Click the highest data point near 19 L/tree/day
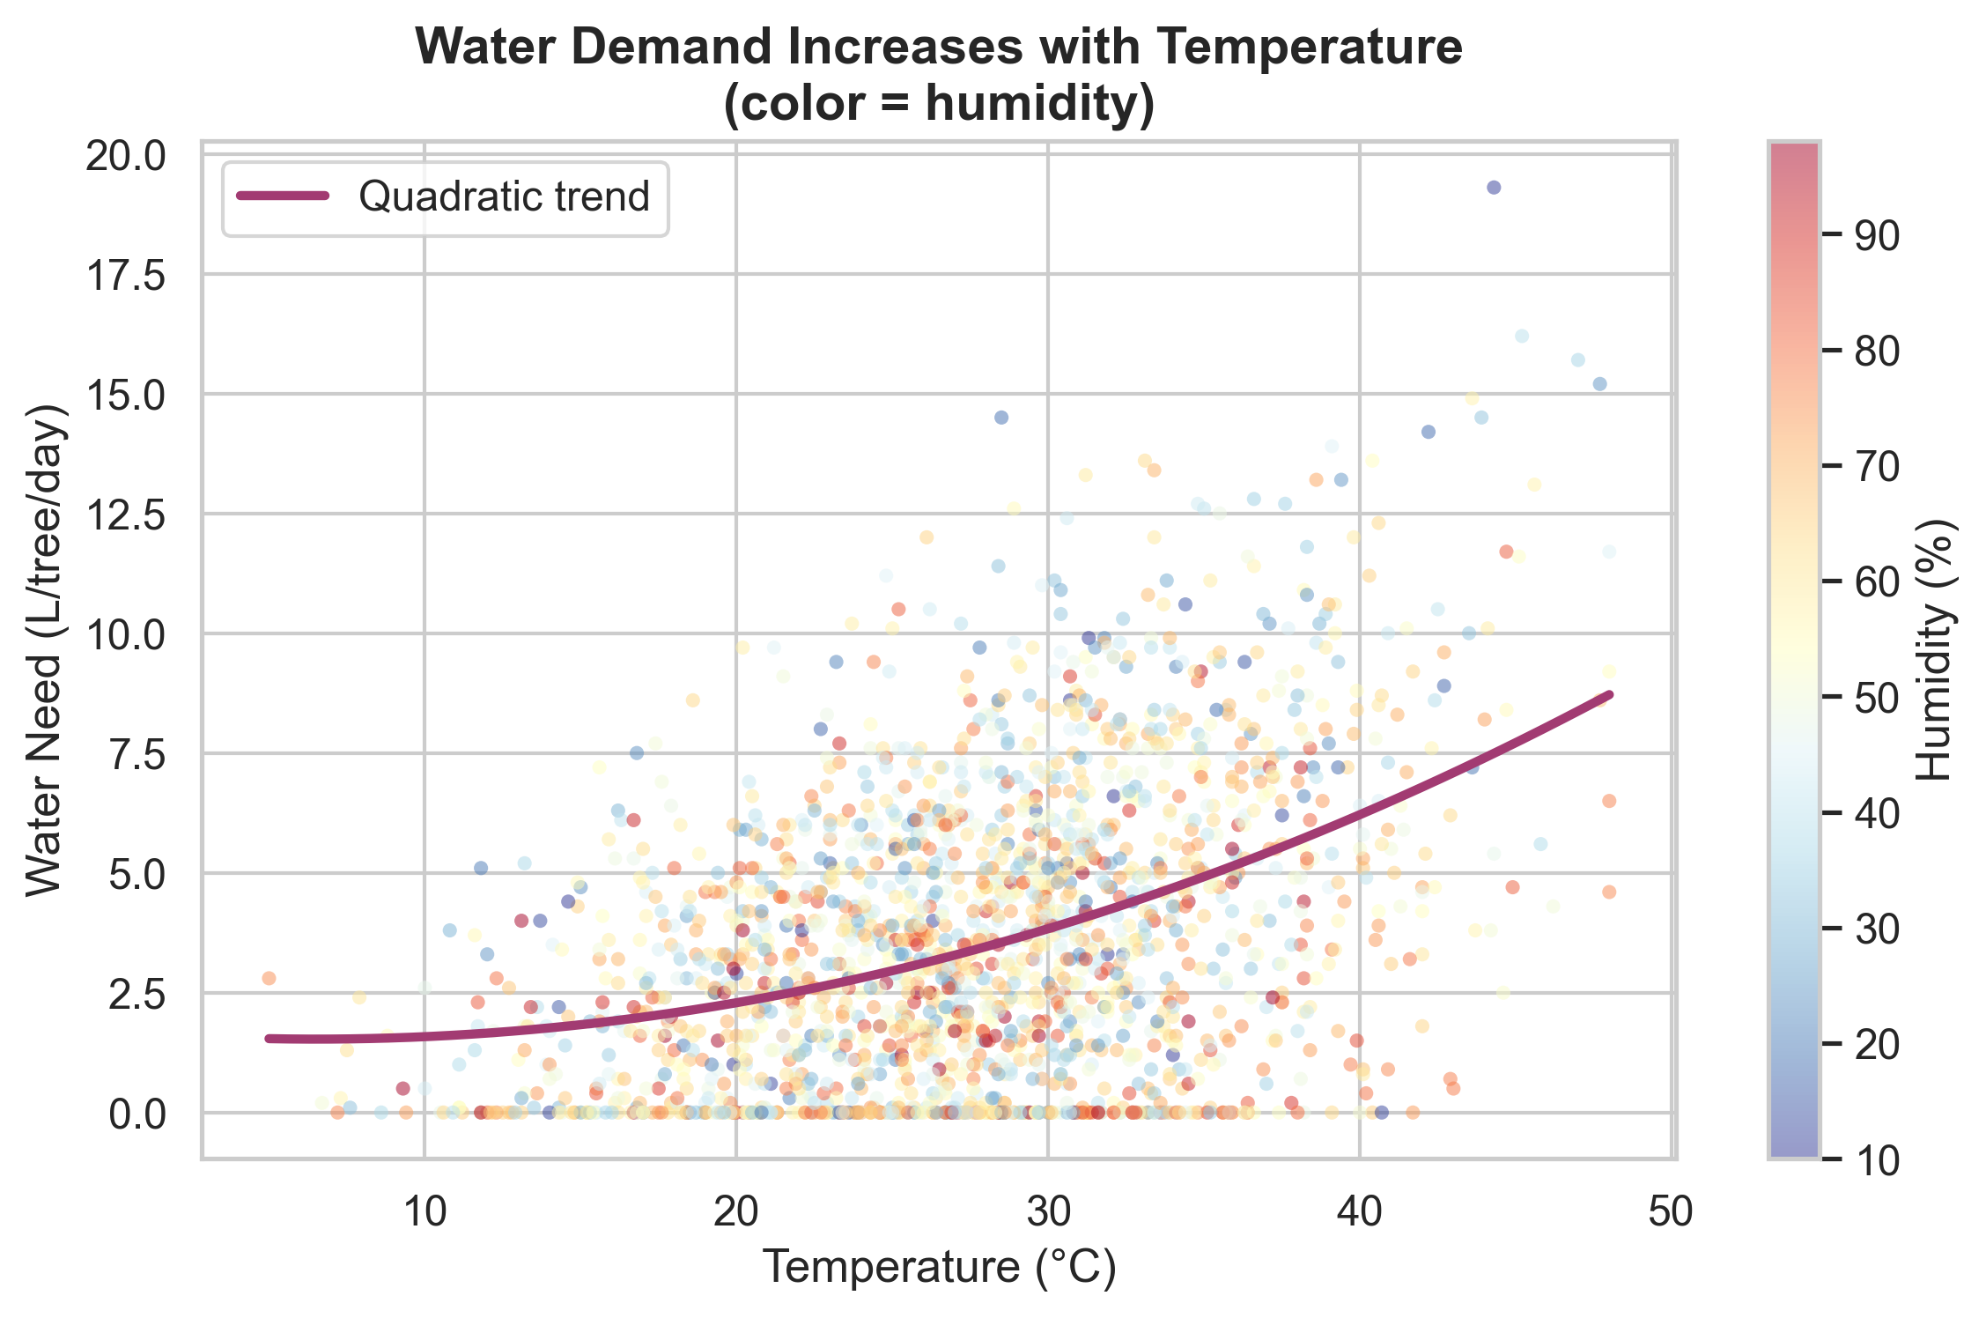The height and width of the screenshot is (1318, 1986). point(1494,188)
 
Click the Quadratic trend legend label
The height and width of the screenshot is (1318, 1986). point(504,196)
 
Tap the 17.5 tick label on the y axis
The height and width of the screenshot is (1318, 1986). point(125,276)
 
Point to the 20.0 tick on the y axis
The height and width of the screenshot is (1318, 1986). point(125,156)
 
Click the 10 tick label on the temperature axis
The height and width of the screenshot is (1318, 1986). point(425,1212)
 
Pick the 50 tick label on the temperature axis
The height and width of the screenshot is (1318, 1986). point(1671,1212)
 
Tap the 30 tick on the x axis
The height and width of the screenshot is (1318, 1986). point(1048,1212)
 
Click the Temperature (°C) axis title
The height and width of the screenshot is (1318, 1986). point(939,1268)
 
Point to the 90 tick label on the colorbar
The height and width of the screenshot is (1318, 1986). point(1876,235)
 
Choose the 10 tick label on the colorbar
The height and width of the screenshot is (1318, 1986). point(1876,1160)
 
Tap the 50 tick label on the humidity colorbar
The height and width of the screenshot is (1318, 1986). point(1876,698)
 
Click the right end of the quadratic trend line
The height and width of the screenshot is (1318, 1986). point(1609,694)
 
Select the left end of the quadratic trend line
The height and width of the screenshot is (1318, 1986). point(269,1038)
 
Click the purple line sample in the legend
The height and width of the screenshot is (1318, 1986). point(284,196)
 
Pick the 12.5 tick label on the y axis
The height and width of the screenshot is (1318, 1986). point(125,515)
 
